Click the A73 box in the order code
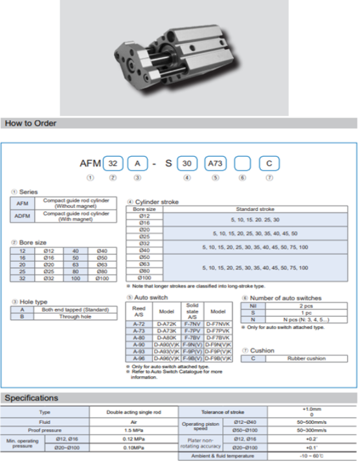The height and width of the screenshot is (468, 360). (x=215, y=164)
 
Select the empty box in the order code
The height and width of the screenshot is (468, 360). (x=242, y=164)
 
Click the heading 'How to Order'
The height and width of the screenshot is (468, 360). (x=30, y=123)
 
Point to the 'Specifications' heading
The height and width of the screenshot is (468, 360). (x=32, y=397)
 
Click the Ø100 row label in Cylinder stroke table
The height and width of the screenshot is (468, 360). (x=145, y=278)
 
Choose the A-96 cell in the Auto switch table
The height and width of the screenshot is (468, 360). (x=139, y=357)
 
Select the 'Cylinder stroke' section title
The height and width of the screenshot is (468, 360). (x=155, y=201)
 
